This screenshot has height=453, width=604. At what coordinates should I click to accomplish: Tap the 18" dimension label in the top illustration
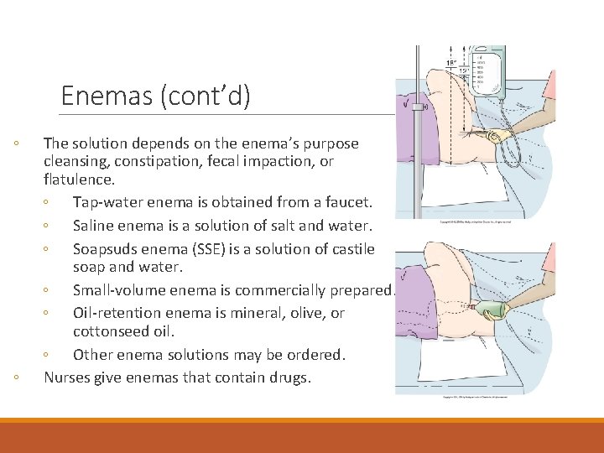tap(450, 64)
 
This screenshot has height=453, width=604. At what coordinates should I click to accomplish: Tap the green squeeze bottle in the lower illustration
tap(494, 310)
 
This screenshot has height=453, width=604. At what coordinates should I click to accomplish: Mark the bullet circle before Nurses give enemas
tap(18, 378)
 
